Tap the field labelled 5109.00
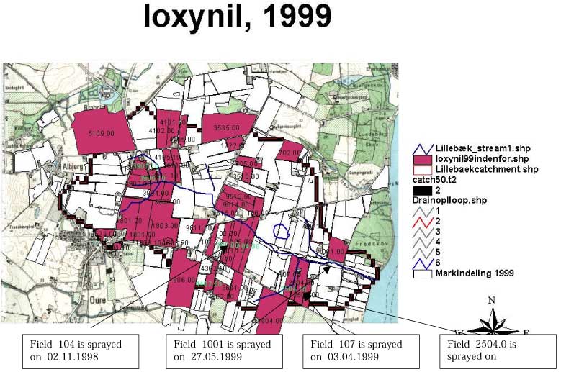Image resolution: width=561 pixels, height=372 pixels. tap(101, 134)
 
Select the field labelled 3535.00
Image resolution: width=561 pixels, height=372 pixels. tap(229, 127)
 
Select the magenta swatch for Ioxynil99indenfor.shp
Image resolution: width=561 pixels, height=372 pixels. tap(422, 158)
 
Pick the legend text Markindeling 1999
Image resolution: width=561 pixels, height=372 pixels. tap(478, 273)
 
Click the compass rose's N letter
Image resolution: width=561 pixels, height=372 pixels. tap(491, 299)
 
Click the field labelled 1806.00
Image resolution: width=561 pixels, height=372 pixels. tap(182, 280)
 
